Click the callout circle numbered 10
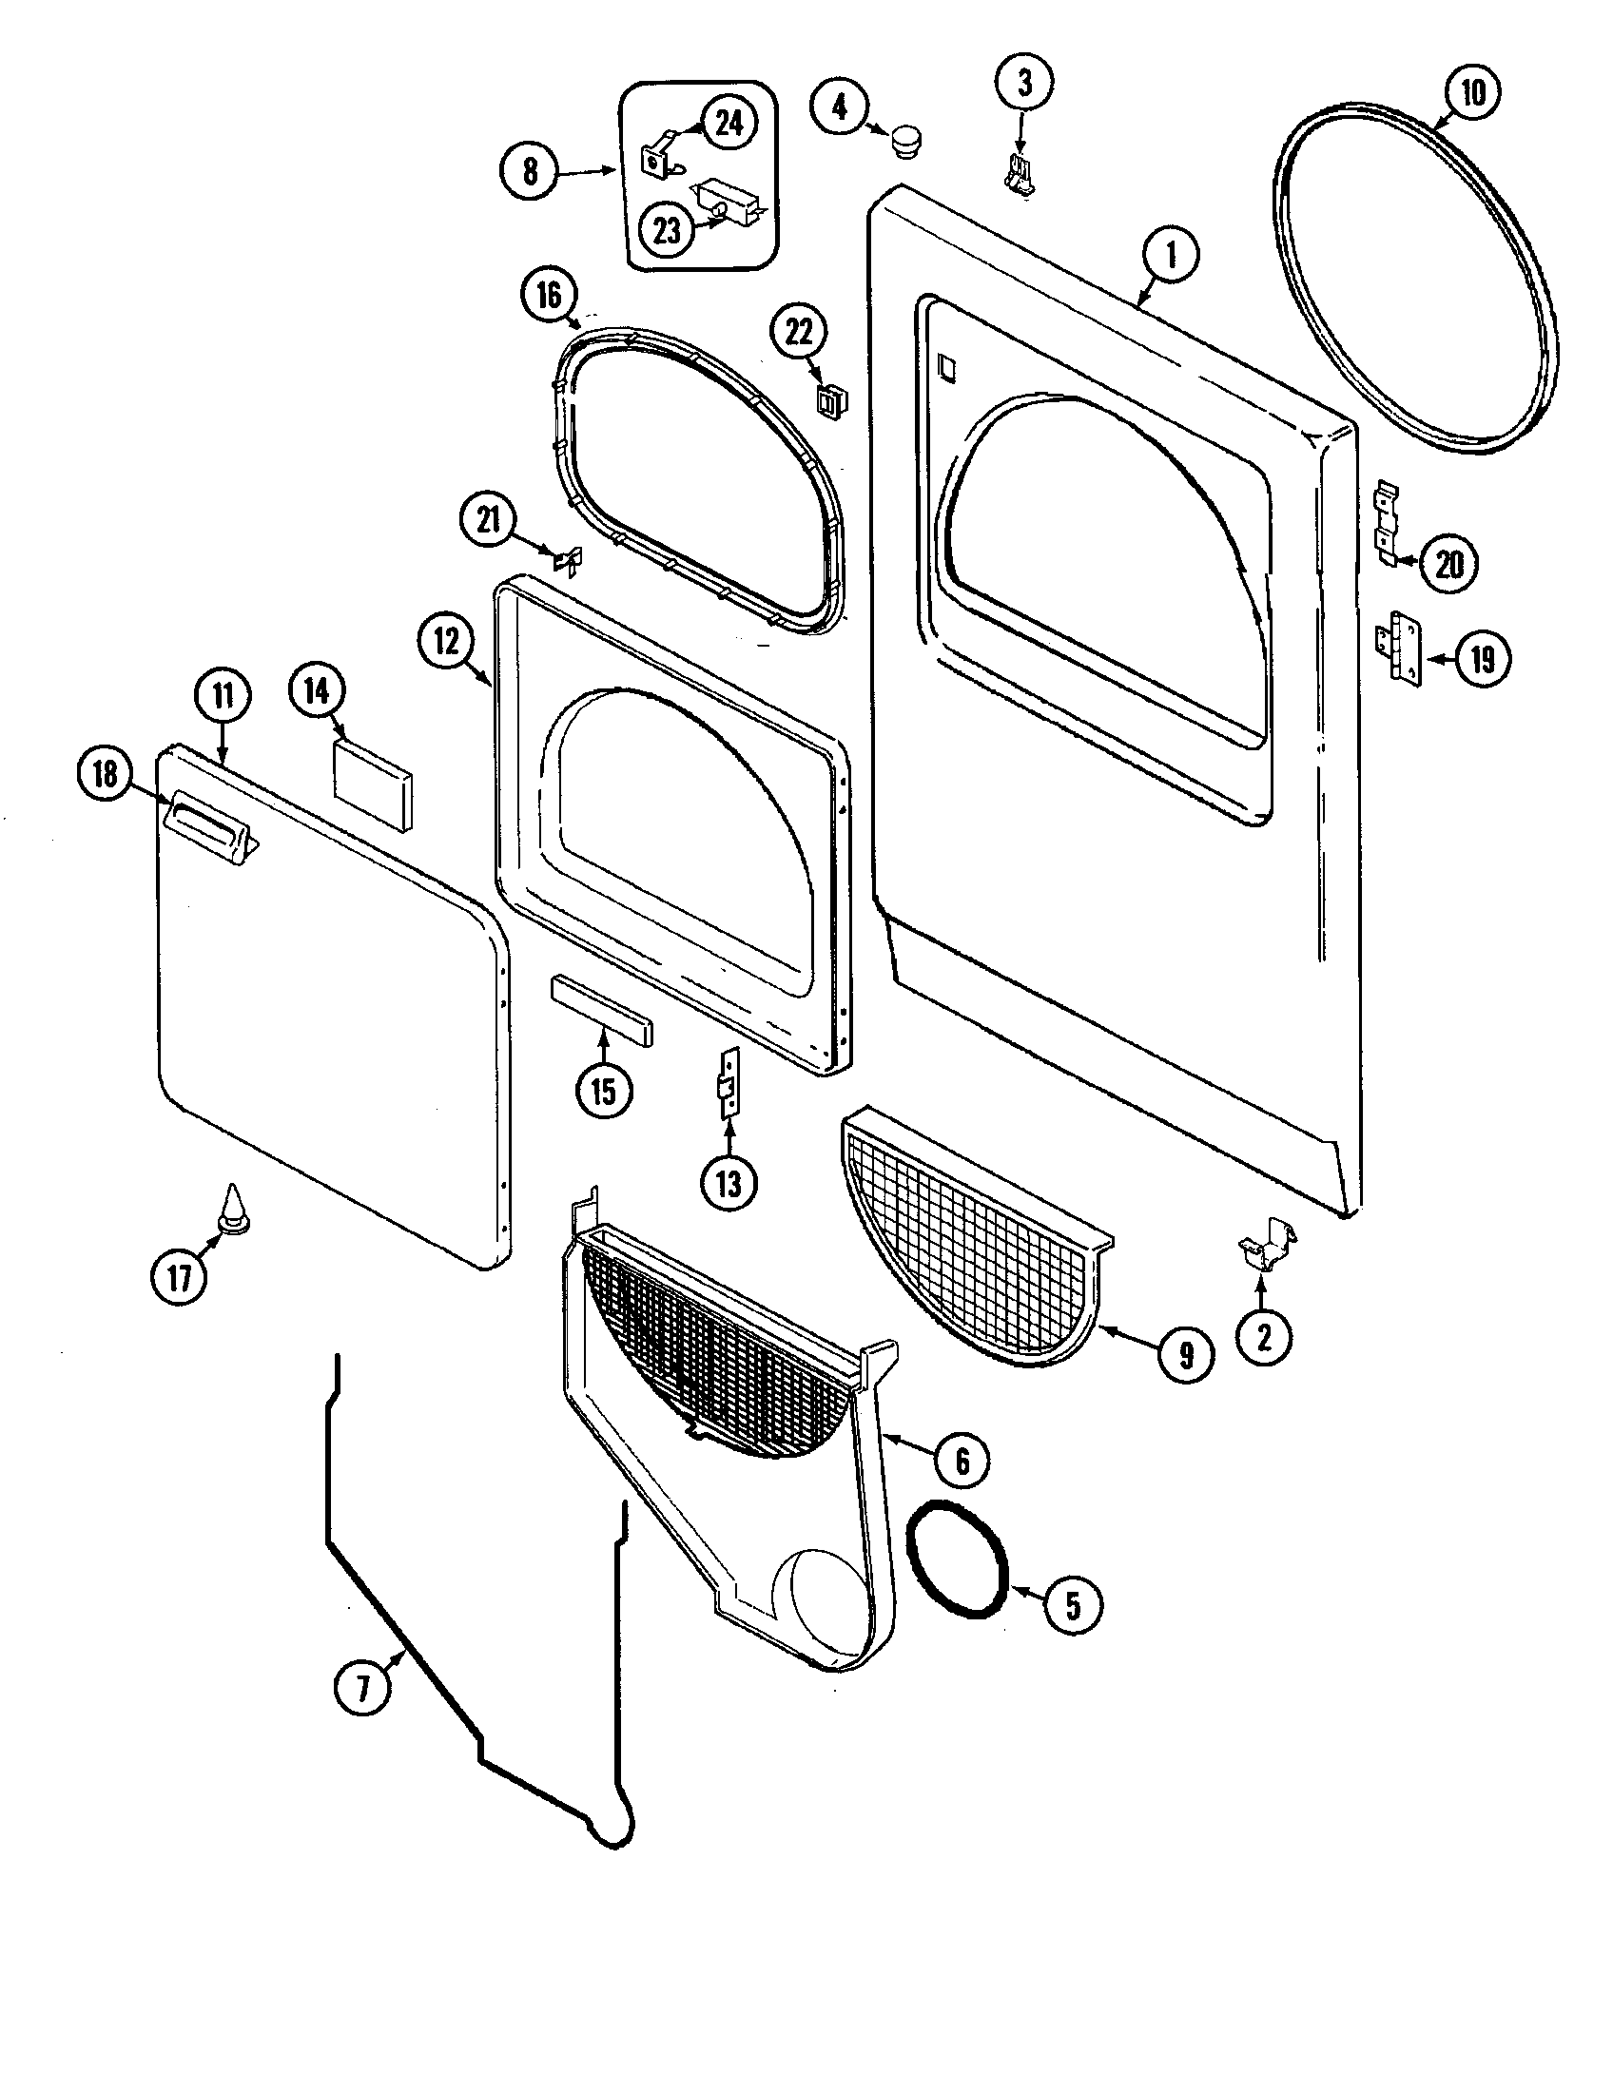(x=1473, y=92)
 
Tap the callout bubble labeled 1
(x=1170, y=256)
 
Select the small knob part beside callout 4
(x=905, y=143)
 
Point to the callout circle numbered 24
(x=729, y=123)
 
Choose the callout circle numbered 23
(x=668, y=229)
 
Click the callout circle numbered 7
(x=363, y=1687)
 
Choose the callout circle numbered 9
(x=1187, y=1354)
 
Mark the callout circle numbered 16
(x=549, y=295)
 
